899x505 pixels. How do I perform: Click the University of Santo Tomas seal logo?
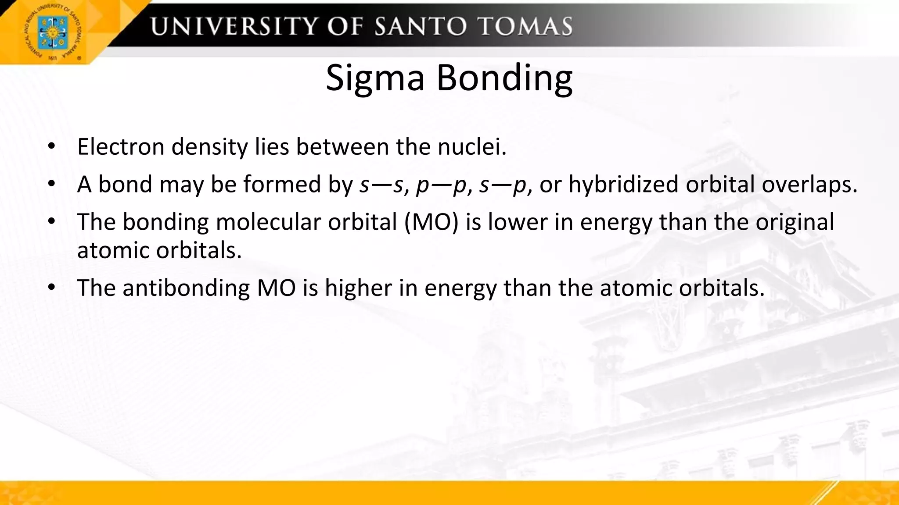[x=53, y=32]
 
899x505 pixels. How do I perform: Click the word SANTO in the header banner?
[x=420, y=26]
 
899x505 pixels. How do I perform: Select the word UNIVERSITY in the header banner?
[x=233, y=26]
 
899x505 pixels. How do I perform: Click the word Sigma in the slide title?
[x=375, y=78]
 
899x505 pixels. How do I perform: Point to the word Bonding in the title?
[x=504, y=78]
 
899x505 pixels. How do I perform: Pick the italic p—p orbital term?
[x=441, y=184]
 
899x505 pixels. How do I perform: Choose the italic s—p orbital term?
[x=503, y=184]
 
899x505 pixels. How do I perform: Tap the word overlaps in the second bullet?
[x=809, y=184]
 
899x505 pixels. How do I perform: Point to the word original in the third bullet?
[x=795, y=222]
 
